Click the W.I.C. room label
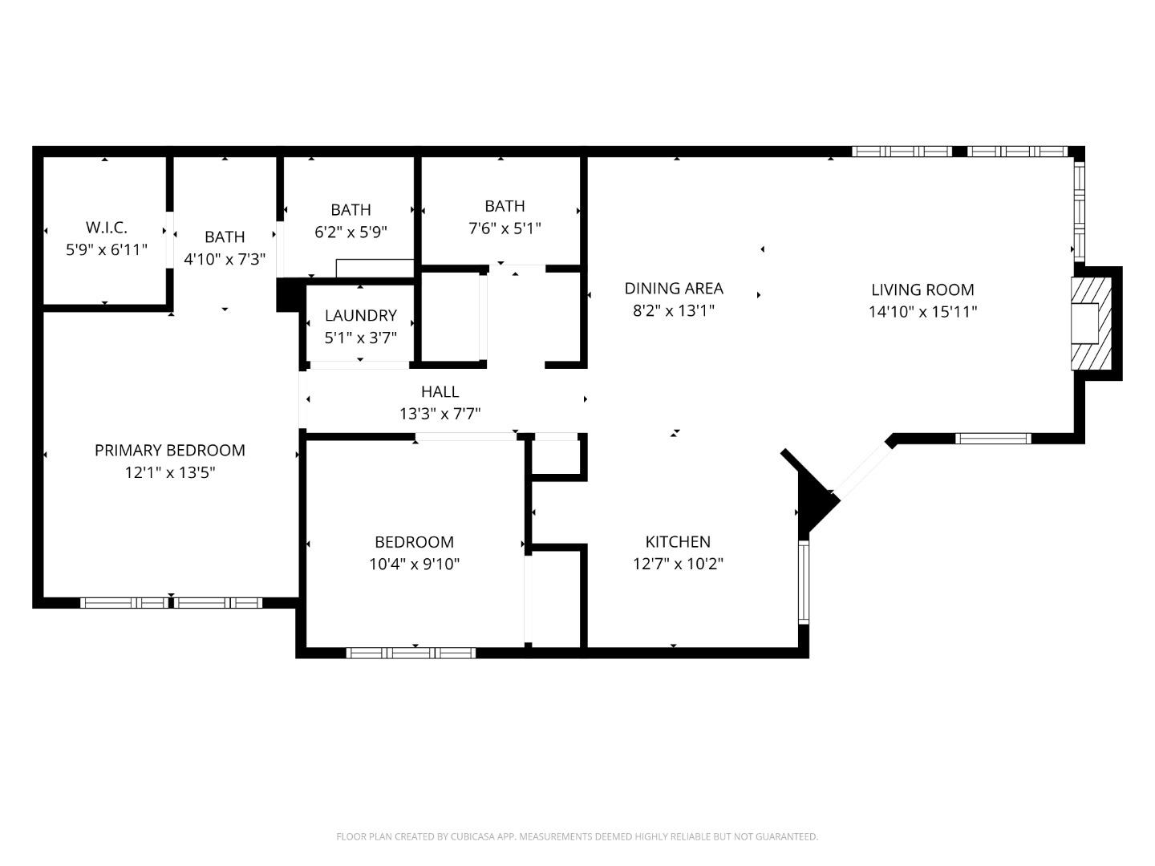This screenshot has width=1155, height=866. click(x=106, y=228)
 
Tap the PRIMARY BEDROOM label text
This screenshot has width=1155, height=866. click(x=170, y=451)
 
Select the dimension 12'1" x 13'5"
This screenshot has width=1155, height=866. click(x=170, y=473)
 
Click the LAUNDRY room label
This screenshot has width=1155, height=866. click(x=360, y=316)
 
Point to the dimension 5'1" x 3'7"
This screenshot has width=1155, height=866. click(x=360, y=338)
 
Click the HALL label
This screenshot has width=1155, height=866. click(x=440, y=391)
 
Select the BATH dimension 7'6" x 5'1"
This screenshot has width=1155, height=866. click(x=505, y=229)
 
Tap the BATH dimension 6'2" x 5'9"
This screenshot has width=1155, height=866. click(x=351, y=233)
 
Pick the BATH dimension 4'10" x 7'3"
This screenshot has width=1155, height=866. click(x=225, y=260)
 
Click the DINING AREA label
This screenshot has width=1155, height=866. click(x=674, y=289)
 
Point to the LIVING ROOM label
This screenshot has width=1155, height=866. click(x=922, y=290)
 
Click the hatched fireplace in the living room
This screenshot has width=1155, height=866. click(x=1091, y=323)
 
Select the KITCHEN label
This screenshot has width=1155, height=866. click(x=678, y=542)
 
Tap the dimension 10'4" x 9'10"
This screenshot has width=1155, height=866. click(x=414, y=565)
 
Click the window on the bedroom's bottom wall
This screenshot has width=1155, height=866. click(x=411, y=653)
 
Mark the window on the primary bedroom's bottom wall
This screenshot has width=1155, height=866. click(x=171, y=603)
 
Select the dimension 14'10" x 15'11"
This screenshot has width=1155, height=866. click(x=922, y=312)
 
